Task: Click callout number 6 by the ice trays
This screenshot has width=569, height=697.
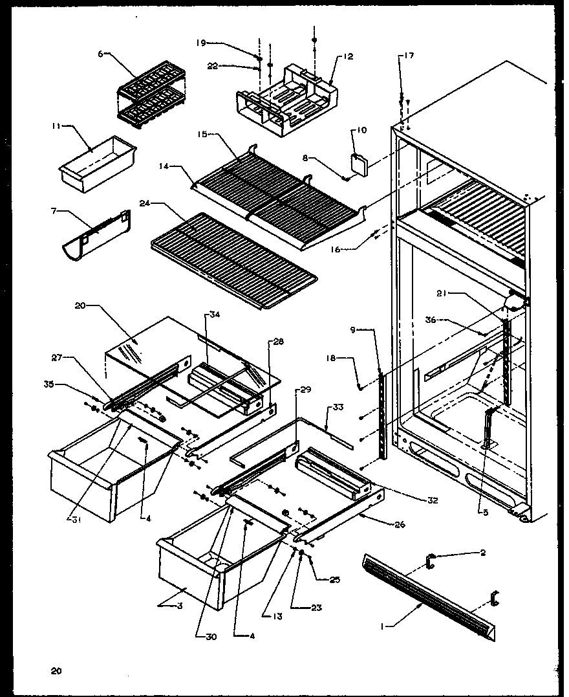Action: [100, 54]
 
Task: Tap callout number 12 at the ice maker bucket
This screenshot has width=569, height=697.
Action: [349, 57]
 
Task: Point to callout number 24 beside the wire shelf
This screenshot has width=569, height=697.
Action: [145, 203]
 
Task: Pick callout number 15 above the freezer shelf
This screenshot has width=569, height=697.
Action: [204, 134]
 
